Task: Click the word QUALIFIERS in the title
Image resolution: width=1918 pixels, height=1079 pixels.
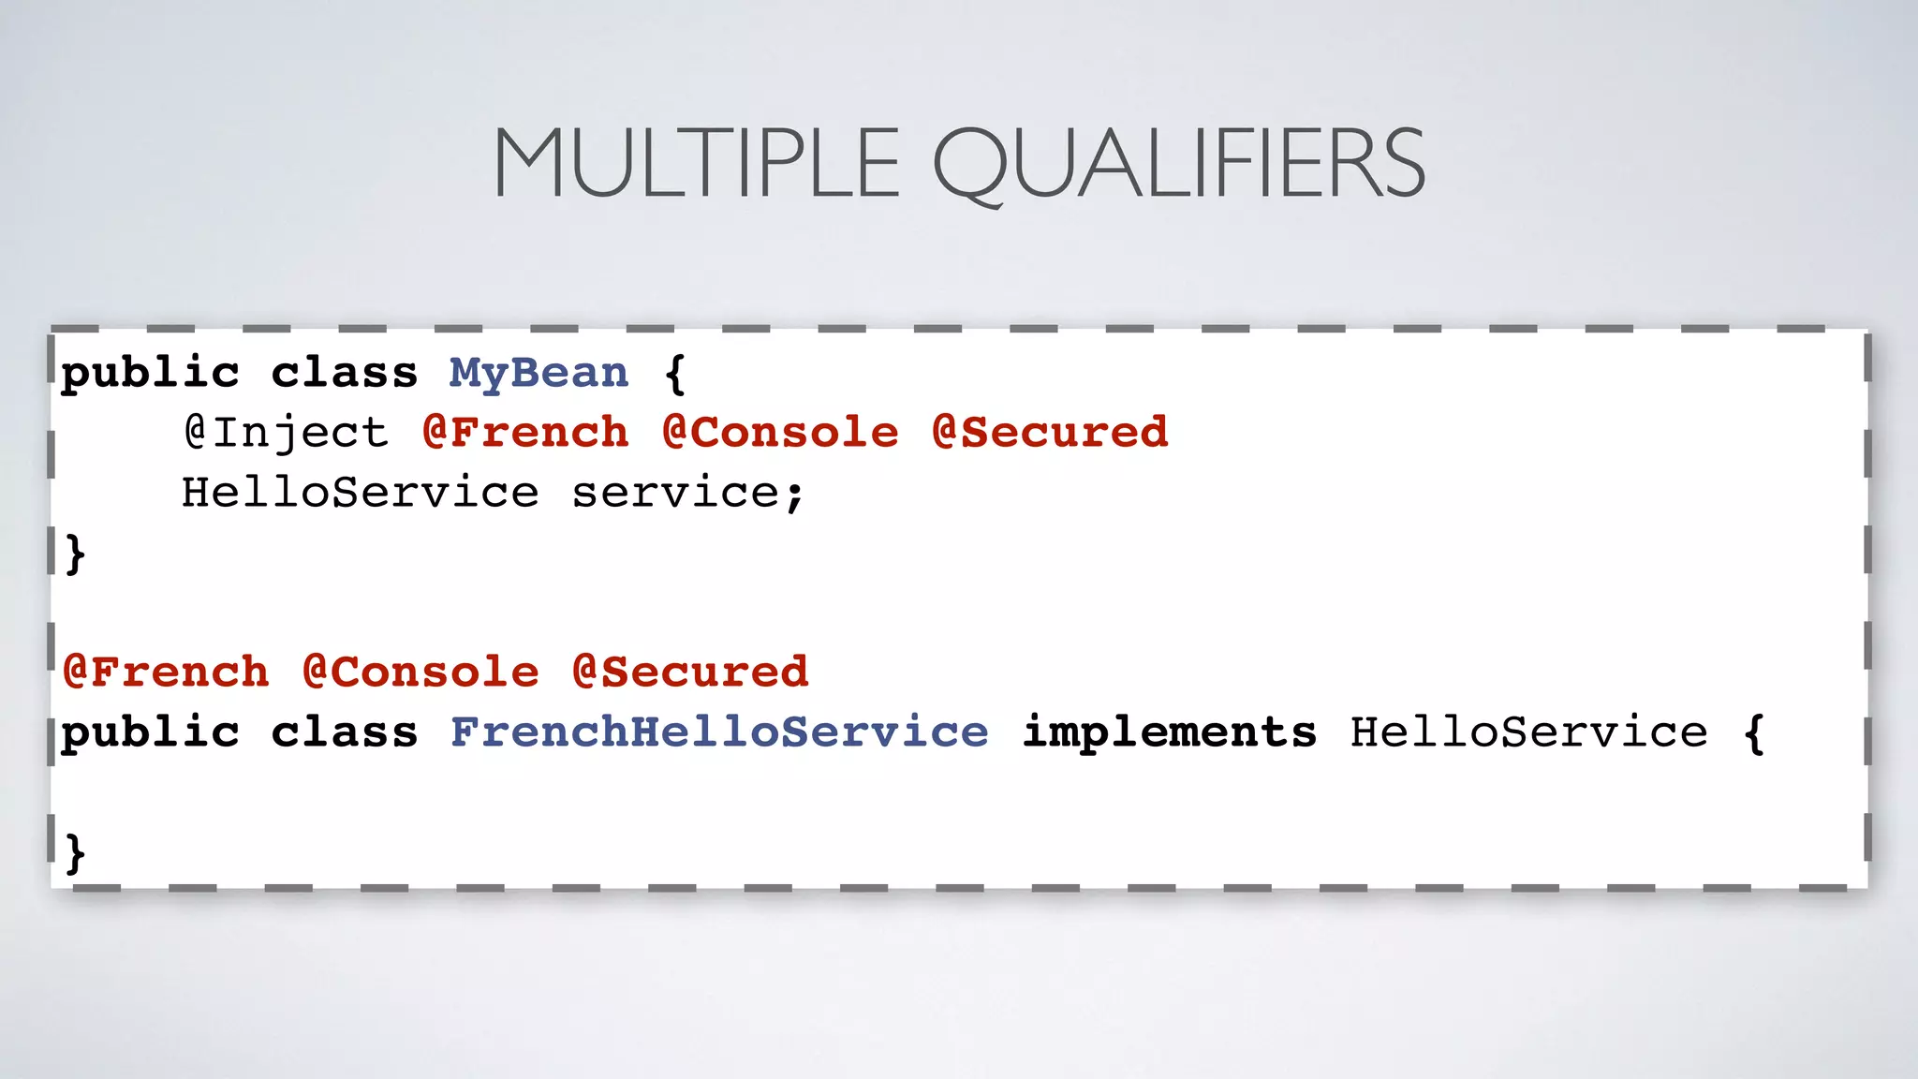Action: [x=1178, y=164]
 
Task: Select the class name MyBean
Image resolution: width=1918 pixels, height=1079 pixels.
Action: [x=539, y=374]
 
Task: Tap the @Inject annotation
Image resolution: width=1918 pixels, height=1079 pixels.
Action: [x=286, y=433]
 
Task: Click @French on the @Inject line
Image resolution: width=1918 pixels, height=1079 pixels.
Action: [x=525, y=433]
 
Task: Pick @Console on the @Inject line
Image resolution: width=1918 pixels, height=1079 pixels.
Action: [x=780, y=433]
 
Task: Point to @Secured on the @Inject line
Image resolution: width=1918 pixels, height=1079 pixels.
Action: [x=1050, y=433]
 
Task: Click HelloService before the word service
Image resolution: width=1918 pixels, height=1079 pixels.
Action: [x=361, y=493]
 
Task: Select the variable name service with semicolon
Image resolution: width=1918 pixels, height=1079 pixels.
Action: [x=688, y=493]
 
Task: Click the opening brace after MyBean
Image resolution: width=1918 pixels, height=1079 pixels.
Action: [x=675, y=374]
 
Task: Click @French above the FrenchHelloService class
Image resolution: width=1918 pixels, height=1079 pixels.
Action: [x=166, y=673]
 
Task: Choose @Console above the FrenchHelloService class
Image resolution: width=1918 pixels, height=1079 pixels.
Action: [x=420, y=673]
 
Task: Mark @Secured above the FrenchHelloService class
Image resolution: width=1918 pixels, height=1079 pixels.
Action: [x=690, y=673]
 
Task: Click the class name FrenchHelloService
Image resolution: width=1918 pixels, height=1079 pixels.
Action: [x=719, y=732]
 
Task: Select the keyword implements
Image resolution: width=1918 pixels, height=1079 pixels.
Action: [x=1169, y=732]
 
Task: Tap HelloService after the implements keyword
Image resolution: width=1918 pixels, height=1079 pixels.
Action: [x=1528, y=732]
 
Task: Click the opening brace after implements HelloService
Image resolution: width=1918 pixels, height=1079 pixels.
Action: [x=1754, y=732]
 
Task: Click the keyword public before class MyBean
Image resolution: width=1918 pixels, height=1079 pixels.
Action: [x=150, y=374]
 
